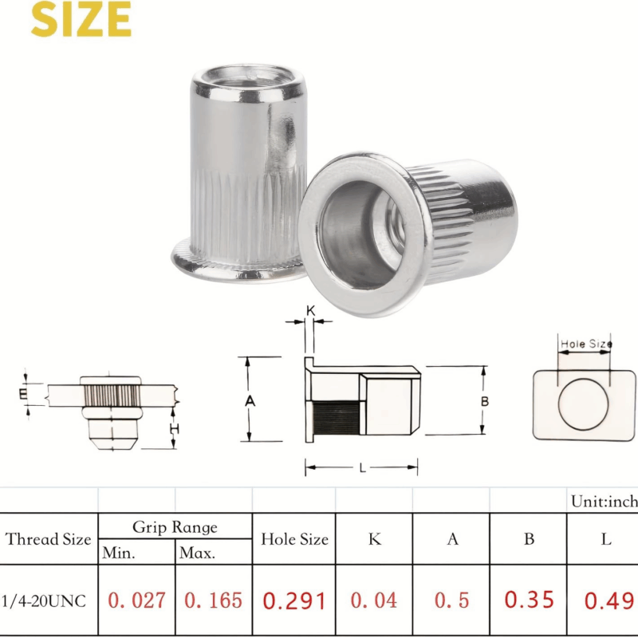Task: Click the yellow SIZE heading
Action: click(81, 20)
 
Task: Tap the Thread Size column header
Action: click(49, 539)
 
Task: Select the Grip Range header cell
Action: click(175, 527)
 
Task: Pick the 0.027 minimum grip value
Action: click(136, 600)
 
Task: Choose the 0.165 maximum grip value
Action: click(214, 600)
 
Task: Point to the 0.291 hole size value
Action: click(294, 600)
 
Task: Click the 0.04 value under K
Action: click(374, 600)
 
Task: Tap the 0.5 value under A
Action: click(452, 600)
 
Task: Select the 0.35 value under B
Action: click(530, 600)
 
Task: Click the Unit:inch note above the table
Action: click(604, 502)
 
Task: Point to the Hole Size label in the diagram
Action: click(586, 345)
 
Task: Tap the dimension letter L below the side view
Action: click(363, 468)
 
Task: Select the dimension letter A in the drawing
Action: click(250, 400)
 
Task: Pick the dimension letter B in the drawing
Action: click(484, 401)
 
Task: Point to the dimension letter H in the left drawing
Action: click(175, 430)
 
